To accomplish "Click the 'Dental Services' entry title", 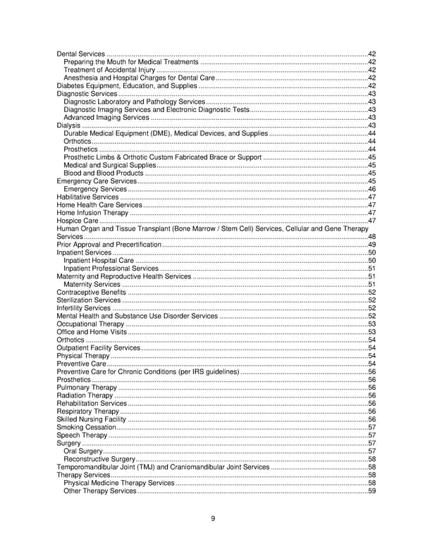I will tap(80, 54).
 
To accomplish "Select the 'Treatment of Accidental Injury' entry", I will tap(109, 70).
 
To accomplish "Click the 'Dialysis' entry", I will tap(68, 125).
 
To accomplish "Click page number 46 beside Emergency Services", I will tap(372, 190).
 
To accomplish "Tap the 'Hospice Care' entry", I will tap(77, 221).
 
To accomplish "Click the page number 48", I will tap(372, 237).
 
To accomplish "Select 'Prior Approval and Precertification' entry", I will tap(109, 245).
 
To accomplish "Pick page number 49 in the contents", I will tap(372, 245).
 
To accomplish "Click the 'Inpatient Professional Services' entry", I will tap(111, 269).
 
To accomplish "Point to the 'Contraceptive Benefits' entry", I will tap(91, 293).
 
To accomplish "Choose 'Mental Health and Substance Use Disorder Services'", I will tap(137, 316).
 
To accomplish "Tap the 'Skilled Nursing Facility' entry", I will tap(91, 419).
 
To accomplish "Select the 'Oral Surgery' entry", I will tap(82, 451).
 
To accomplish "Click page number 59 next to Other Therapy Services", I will tap(372, 491).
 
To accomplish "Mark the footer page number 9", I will tap(212, 520).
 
